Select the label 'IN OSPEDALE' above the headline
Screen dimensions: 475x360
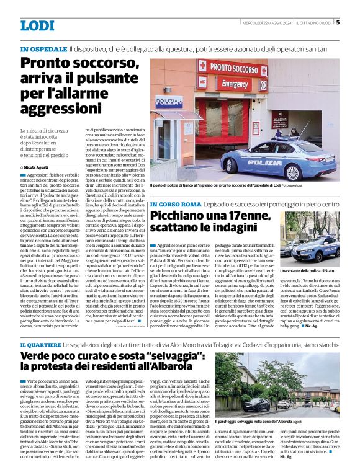point(43,48)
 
